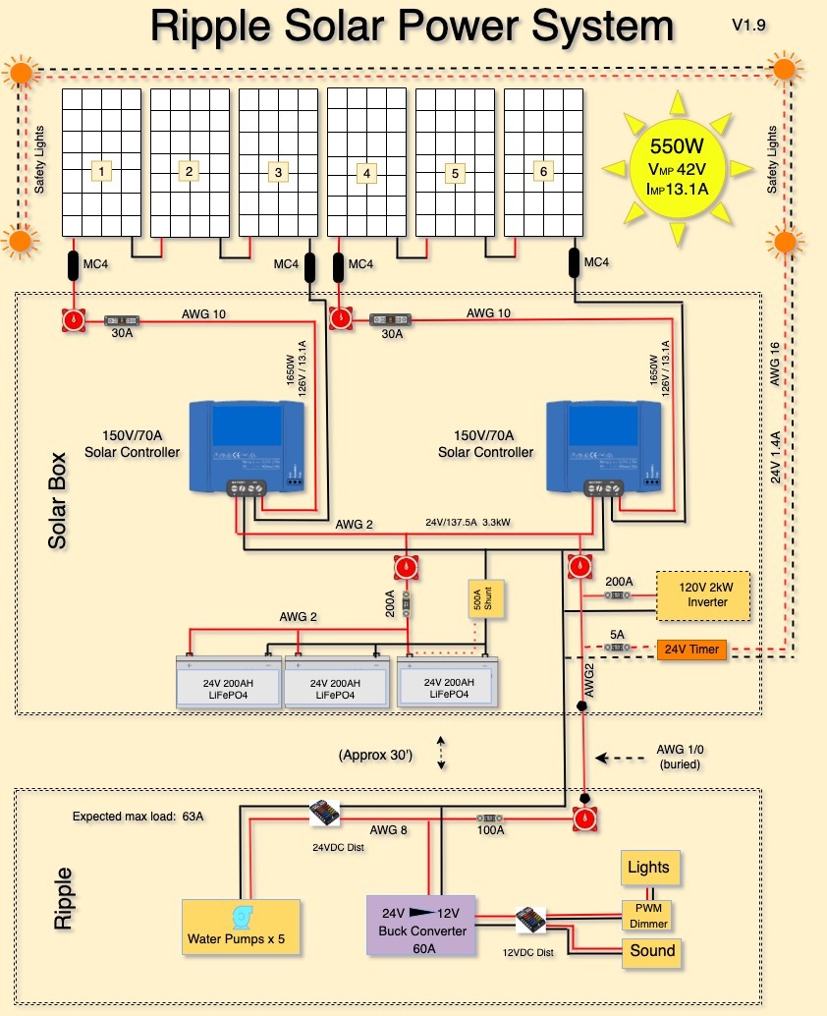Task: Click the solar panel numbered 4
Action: [366, 162]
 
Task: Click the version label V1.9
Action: [749, 25]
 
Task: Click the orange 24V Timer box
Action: [690, 649]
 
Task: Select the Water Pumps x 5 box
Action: [242, 927]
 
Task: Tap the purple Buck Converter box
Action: [419, 925]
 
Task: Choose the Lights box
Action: [648, 868]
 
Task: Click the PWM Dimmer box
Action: [648, 915]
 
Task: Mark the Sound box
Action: [652, 951]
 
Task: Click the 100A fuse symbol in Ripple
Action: [491, 818]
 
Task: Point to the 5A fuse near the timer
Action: [617, 649]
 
